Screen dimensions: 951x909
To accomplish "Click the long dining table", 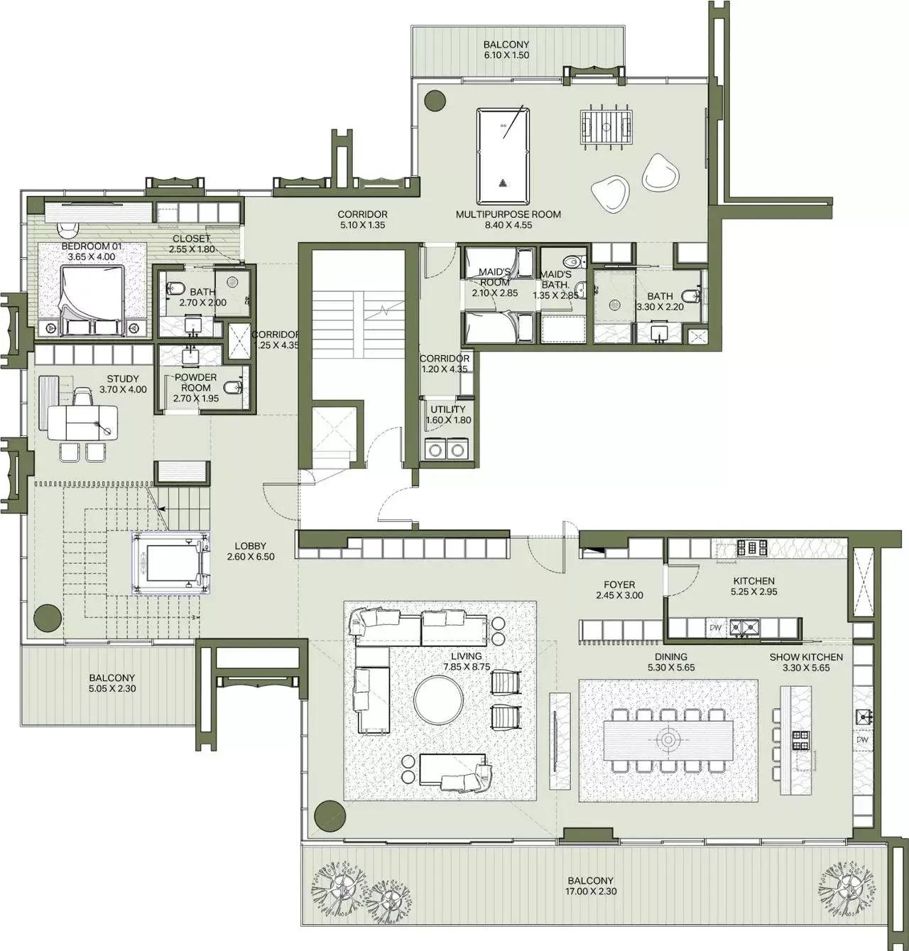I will [668, 739].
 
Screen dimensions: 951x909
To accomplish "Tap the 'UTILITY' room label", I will [448, 410].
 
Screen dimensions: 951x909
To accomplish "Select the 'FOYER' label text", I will [619, 585].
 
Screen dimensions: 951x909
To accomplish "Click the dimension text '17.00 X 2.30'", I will [590, 891].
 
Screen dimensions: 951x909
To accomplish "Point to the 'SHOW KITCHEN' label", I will [806, 657].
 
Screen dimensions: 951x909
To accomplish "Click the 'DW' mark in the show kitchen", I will [862, 740].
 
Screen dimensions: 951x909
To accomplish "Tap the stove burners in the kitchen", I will [752, 548].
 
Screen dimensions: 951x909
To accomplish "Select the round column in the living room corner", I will [330, 815].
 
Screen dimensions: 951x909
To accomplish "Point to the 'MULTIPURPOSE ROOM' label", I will [508, 214].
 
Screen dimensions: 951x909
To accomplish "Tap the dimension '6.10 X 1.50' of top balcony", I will [506, 55].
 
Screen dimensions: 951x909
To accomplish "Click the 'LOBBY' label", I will [251, 546].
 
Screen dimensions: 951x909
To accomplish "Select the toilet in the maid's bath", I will [574, 260].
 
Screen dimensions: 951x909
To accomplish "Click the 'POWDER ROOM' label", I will [195, 383].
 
